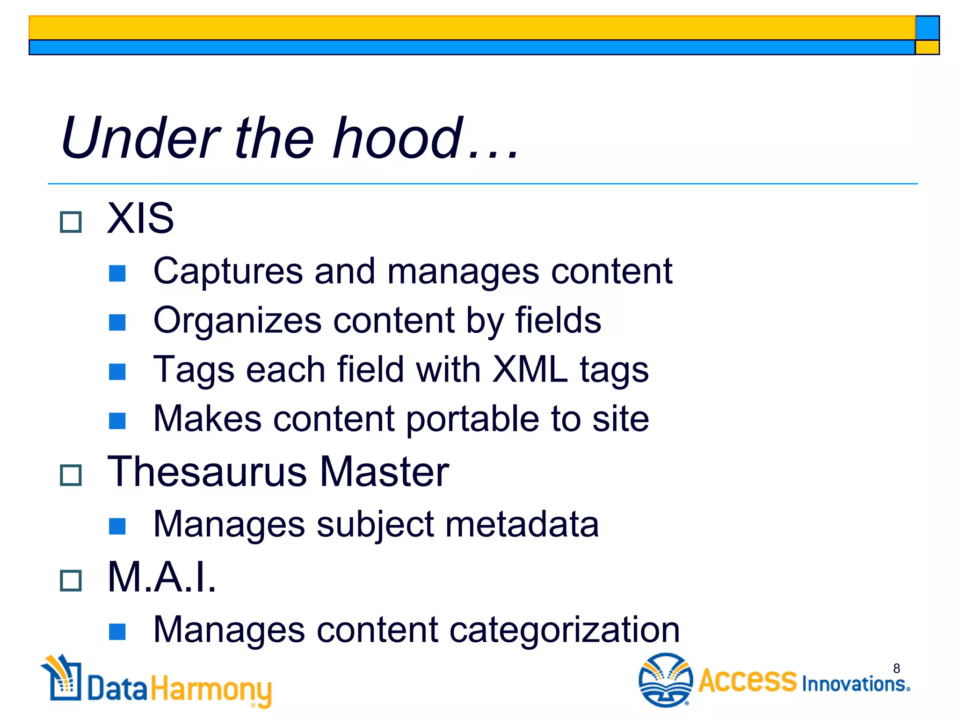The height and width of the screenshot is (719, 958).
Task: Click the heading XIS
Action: coord(140,218)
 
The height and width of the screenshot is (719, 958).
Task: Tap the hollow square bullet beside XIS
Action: coord(71,222)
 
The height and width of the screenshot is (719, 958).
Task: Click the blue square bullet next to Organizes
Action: coord(117,322)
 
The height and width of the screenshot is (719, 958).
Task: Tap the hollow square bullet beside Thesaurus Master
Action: coord(71,476)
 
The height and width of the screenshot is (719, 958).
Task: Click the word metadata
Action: coord(522,524)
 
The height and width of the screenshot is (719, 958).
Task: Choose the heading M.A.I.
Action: coord(161,577)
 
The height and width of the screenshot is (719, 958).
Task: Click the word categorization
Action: coord(564,630)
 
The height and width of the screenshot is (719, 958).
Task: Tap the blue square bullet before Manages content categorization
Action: coord(117,632)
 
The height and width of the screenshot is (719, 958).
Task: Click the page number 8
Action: coord(896,668)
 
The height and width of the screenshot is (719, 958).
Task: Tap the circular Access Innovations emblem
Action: coord(665,680)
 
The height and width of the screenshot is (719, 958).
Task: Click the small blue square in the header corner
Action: coord(927,28)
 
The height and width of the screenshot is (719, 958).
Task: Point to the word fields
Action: coord(558,321)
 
